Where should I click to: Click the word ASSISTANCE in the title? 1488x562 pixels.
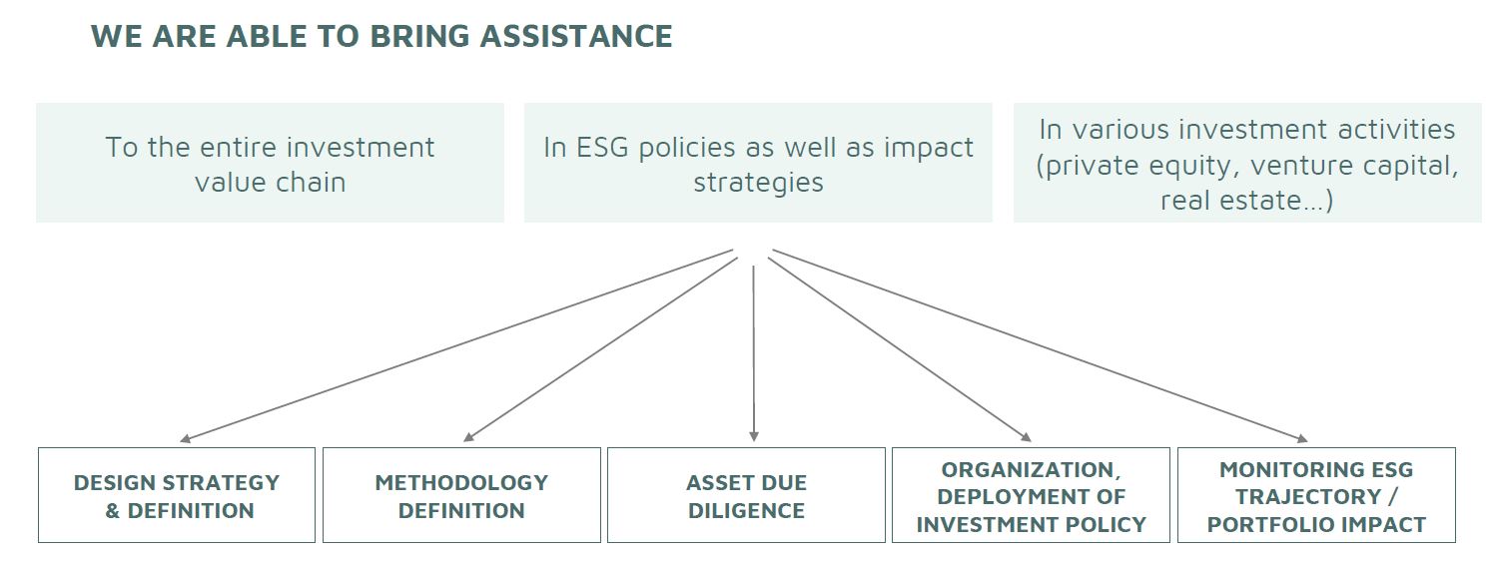point(576,36)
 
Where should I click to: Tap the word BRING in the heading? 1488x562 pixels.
point(418,36)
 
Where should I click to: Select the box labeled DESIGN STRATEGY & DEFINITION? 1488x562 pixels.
point(177,495)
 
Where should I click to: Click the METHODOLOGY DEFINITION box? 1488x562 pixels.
point(461,495)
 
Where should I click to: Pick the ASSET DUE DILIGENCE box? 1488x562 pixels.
point(746,495)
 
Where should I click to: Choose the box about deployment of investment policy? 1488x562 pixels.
point(1031,495)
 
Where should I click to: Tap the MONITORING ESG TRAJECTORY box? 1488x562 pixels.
point(1316,495)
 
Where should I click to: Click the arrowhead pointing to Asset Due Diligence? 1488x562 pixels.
point(754,436)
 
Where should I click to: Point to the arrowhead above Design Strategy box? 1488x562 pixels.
point(186,438)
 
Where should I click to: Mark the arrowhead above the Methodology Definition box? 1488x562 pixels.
point(469,436)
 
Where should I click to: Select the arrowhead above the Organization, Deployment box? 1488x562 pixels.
point(1027,436)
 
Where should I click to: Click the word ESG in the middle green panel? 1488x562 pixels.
point(602,148)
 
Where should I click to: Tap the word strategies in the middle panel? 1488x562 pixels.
point(758,183)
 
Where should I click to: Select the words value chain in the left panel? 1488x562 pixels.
point(271,183)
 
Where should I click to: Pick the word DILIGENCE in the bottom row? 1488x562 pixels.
point(746,511)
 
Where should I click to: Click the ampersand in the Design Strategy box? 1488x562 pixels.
point(112,511)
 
